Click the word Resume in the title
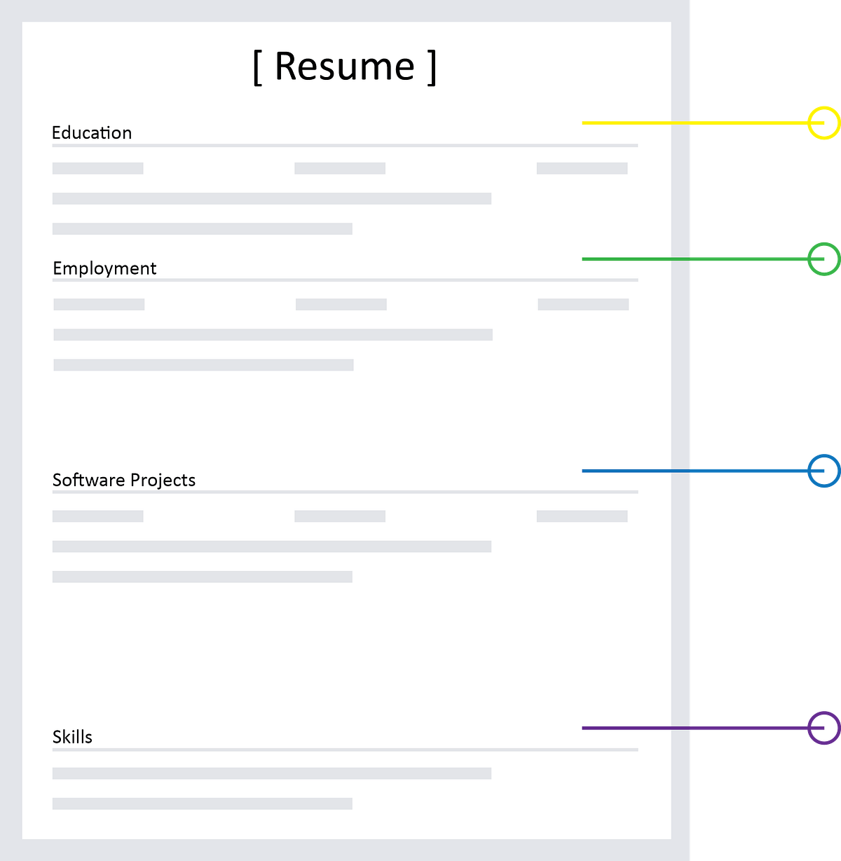[344, 67]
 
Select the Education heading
[92, 132]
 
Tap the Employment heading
[104, 268]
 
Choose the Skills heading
[72, 737]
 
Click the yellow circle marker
[822, 123]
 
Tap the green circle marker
[822, 259]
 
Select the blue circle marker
[822, 471]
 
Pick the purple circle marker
[822, 728]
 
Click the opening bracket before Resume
[257, 67]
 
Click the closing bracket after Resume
[432, 67]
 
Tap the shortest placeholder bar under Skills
[202, 804]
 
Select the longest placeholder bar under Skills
[272, 773]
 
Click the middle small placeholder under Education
[340, 168]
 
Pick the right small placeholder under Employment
[583, 304]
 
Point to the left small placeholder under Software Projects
[98, 516]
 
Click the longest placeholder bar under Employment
[273, 335]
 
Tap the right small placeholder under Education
[582, 168]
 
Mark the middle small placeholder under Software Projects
[340, 516]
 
